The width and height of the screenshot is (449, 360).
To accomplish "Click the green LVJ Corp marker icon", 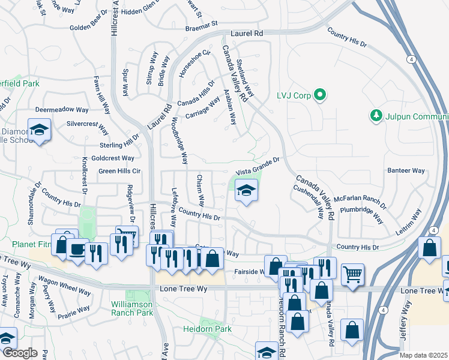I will point(320,95).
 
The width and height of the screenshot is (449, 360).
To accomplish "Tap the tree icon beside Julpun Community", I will point(376,114).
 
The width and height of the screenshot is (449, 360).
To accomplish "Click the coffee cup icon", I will point(77,250).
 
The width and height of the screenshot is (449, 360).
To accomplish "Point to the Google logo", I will point(20,353).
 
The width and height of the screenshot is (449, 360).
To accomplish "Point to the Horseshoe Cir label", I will point(195,64).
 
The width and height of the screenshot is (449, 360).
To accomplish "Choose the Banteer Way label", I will point(406,170).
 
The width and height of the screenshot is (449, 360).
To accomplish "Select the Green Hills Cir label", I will point(119,171).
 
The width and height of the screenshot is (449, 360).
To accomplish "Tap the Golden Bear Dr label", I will point(90,28).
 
